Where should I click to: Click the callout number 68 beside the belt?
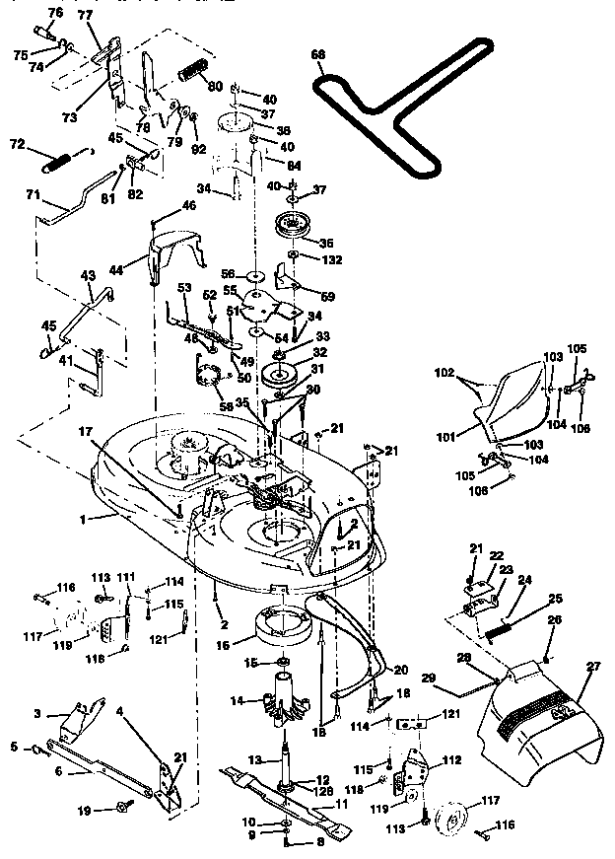click(x=317, y=56)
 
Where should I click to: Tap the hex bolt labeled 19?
click(x=124, y=808)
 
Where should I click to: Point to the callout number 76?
click(x=54, y=12)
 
